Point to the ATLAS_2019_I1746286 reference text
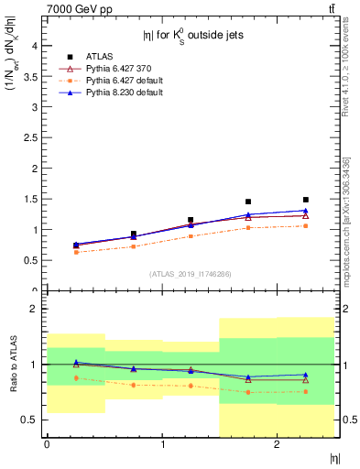[x=190, y=274]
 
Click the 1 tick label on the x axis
[x=162, y=444]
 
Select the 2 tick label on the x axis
[x=277, y=444]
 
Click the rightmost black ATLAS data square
[x=306, y=200]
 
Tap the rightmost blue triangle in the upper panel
[x=306, y=211]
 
